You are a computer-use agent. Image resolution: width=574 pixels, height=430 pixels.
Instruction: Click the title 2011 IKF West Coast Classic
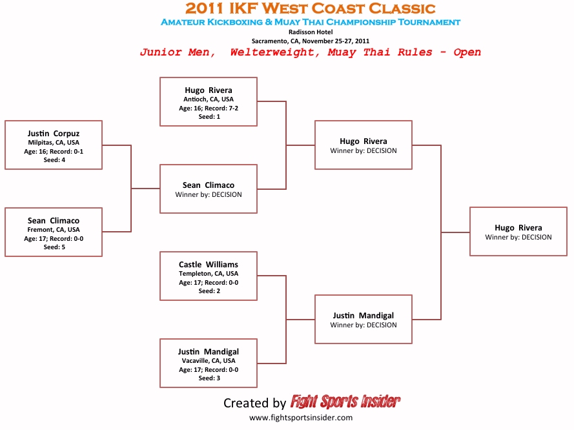pyautogui.click(x=310, y=8)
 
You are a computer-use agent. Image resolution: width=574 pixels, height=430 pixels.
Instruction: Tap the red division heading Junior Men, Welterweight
pyautogui.click(x=311, y=52)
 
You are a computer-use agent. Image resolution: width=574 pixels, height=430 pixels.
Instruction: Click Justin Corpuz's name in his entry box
pyautogui.click(x=54, y=134)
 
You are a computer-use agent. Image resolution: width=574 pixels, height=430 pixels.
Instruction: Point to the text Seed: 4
pyautogui.click(x=54, y=160)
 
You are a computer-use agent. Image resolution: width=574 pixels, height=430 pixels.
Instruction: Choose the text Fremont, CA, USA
pyautogui.click(x=54, y=229)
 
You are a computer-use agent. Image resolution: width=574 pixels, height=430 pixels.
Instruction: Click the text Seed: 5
pyautogui.click(x=54, y=247)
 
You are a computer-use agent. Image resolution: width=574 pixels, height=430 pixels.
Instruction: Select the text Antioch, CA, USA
pyautogui.click(x=209, y=99)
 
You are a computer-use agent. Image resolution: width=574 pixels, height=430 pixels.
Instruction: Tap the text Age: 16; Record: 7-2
pyautogui.click(x=209, y=108)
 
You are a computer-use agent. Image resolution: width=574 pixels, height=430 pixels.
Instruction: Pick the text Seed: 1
pyautogui.click(x=209, y=117)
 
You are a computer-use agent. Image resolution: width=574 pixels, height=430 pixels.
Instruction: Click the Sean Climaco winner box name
pyautogui.click(x=209, y=185)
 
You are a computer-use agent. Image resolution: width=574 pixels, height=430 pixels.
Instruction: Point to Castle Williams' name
pyautogui.click(x=209, y=264)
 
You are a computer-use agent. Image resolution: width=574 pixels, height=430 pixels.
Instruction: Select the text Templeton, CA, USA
pyautogui.click(x=209, y=274)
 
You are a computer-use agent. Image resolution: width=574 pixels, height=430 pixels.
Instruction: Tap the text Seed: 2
pyautogui.click(x=209, y=291)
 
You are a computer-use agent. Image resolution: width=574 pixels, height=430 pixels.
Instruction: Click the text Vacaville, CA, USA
pyautogui.click(x=209, y=361)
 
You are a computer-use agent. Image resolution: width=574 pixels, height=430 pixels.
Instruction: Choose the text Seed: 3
pyautogui.click(x=209, y=378)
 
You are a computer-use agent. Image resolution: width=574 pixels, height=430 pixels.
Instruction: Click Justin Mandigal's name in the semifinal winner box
pyautogui.click(x=364, y=316)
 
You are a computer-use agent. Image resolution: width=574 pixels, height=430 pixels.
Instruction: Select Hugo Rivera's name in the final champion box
pyautogui.click(x=518, y=228)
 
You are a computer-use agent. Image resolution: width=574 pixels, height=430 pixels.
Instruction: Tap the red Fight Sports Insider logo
pyautogui.click(x=345, y=402)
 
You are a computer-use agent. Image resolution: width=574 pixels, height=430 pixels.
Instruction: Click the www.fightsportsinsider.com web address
pyautogui.click(x=301, y=418)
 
